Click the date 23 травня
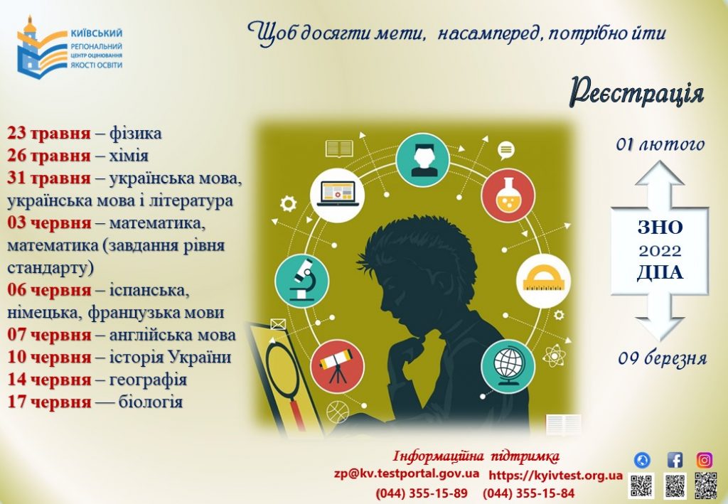[x=49, y=134]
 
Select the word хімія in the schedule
[x=129, y=156]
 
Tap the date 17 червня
[x=49, y=402]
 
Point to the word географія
[x=148, y=380]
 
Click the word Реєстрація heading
[x=637, y=92]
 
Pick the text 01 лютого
[x=660, y=144]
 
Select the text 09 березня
[x=662, y=358]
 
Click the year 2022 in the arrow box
[x=660, y=251]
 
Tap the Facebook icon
[x=675, y=460]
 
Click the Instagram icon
[x=705, y=460]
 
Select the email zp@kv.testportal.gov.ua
[x=407, y=474]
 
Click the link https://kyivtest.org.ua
[x=555, y=476]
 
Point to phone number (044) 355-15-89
[x=422, y=493]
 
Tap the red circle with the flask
[x=508, y=195]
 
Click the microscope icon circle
[x=301, y=281]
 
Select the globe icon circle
[x=508, y=366]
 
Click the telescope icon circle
[x=337, y=366]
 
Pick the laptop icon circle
[x=337, y=195]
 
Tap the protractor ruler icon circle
[x=543, y=281]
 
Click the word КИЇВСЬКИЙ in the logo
[x=97, y=33]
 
